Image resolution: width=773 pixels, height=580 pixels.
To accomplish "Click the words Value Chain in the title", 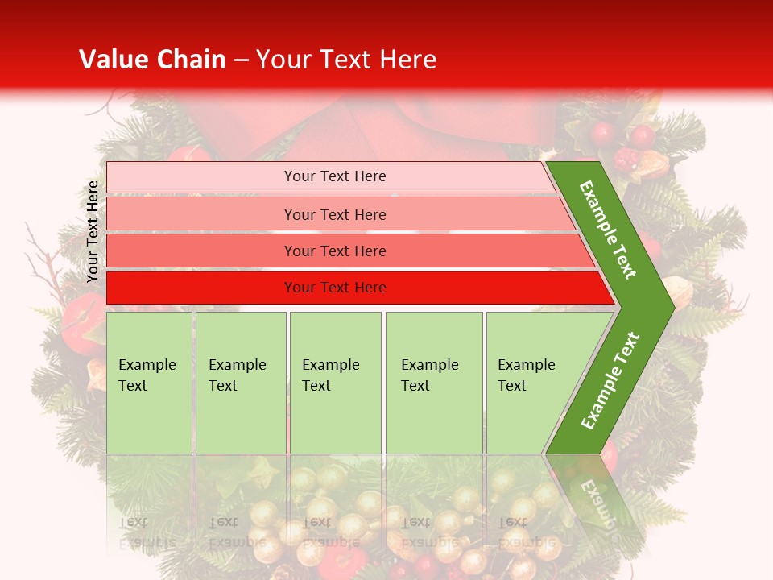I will pyautogui.click(x=152, y=60).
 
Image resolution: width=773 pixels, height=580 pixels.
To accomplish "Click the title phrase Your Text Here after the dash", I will pyautogui.click(x=346, y=60).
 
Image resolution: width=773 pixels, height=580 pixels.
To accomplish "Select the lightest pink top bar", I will pyautogui.click(x=201, y=176).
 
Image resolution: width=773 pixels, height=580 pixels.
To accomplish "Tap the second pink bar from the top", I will pyautogui.click(x=201, y=214).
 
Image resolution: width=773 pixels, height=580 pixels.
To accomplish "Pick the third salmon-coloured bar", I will pyautogui.click(x=201, y=251).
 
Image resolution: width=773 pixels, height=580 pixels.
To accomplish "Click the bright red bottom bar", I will pyautogui.click(x=201, y=288).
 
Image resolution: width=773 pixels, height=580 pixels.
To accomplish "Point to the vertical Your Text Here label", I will pyautogui.click(x=93, y=231).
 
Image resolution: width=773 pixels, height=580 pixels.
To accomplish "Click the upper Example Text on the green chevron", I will pyautogui.click(x=608, y=230).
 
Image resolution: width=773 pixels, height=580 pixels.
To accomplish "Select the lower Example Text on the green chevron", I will pyautogui.click(x=610, y=380).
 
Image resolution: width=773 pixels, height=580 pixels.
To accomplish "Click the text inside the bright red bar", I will pyautogui.click(x=335, y=288).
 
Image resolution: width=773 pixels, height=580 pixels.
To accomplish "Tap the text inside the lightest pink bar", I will pyautogui.click(x=335, y=176).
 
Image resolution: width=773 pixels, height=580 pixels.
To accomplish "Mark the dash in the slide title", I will pyautogui.click(x=241, y=60).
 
